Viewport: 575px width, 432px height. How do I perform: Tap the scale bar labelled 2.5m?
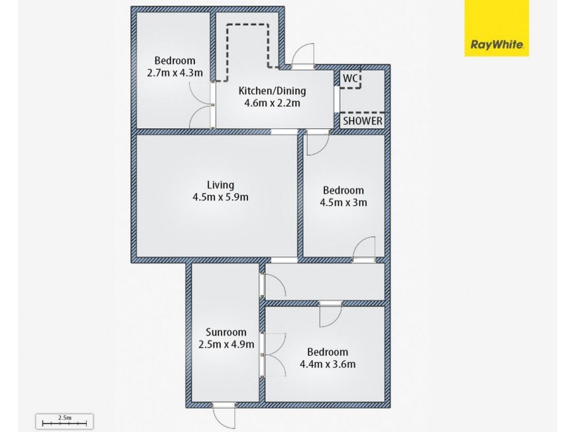pos(65,421)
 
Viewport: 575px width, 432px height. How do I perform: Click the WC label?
pos(351,77)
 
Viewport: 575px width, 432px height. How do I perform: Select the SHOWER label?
pos(362,121)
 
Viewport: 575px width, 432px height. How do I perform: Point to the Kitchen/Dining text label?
pos(272,91)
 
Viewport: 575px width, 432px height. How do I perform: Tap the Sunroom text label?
pos(226,333)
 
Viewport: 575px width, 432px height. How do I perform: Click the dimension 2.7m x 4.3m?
pos(174,73)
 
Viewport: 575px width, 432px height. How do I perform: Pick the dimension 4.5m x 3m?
pos(344,202)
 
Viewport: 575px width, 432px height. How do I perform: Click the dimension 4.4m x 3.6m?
pos(327,364)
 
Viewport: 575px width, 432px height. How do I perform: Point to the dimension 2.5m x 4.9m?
pos(226,344)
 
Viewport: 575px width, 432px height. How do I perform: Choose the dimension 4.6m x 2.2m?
pos(272,103)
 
